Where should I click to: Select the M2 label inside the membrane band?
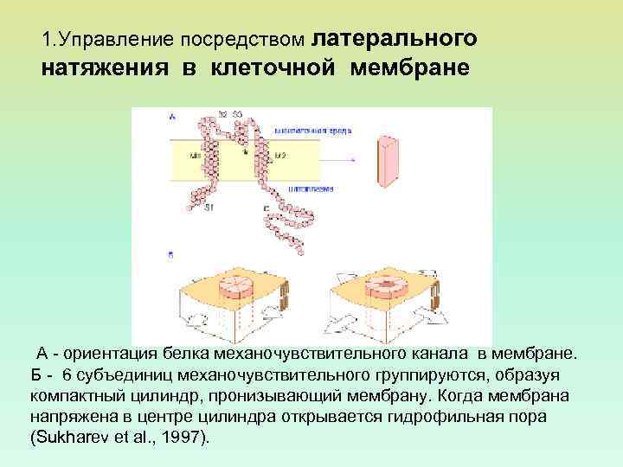(280, 156)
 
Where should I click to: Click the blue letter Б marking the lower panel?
(170, 255)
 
